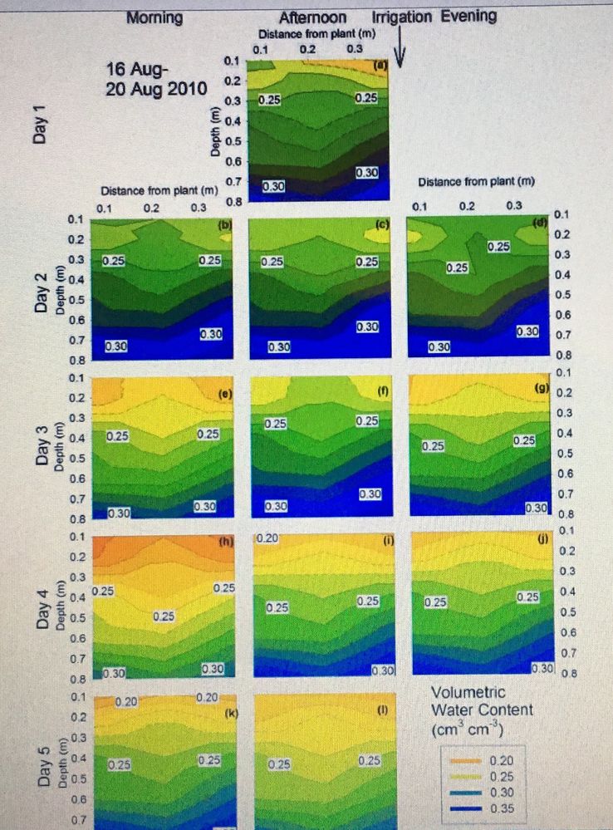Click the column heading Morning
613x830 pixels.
click(x=154, y=17)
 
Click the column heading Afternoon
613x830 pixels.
click(x=313, y=17)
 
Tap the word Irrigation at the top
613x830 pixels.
click(x=402, y=17)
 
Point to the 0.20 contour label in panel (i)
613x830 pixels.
click(x=267, y=539)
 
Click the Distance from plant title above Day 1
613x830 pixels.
click(x=315, y=34)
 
